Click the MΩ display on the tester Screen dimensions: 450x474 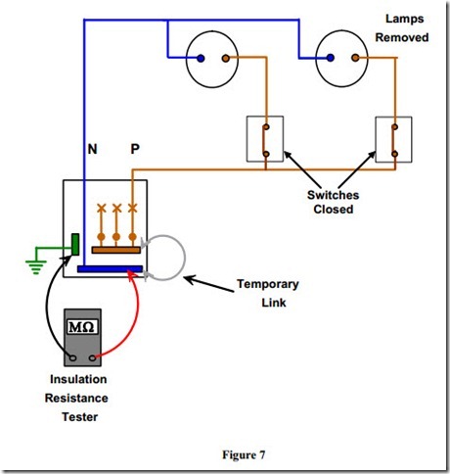coord(82,326)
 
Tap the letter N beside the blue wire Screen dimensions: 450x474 coord(92,149)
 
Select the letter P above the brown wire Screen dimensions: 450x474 coord(135,149)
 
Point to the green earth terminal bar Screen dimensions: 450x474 coord(75,244)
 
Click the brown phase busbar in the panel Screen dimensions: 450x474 coord(116,250)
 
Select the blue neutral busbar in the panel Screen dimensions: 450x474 coord(110,269)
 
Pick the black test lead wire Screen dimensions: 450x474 coord(47,307)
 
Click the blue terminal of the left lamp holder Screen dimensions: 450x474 coord(201,59)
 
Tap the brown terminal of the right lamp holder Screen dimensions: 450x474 coord(355,58)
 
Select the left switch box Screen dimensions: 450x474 coord(265,139)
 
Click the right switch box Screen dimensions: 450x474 coord(393,139)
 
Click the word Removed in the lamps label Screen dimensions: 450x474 coord(402,37)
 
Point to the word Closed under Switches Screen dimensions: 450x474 coord(334,209)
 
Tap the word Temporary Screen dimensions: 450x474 coord(268,284)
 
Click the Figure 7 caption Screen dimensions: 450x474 coord(244,454)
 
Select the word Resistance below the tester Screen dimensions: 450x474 coord(76,399)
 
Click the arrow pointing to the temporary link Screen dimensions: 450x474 coord(209,284)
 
